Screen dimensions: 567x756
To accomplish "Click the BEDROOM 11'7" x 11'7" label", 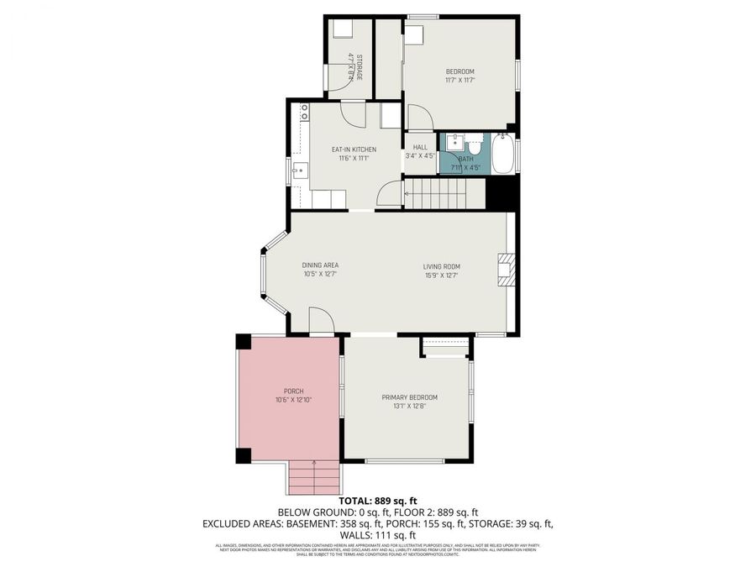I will (x=459, y=76).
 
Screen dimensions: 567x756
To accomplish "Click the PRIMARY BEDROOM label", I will (x=409, y=402).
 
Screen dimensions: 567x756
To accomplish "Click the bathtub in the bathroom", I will (x=502, y=153).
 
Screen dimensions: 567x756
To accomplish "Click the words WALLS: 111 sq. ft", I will (x=377, y=534).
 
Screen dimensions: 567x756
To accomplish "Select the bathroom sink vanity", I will (x=449, y=141).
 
